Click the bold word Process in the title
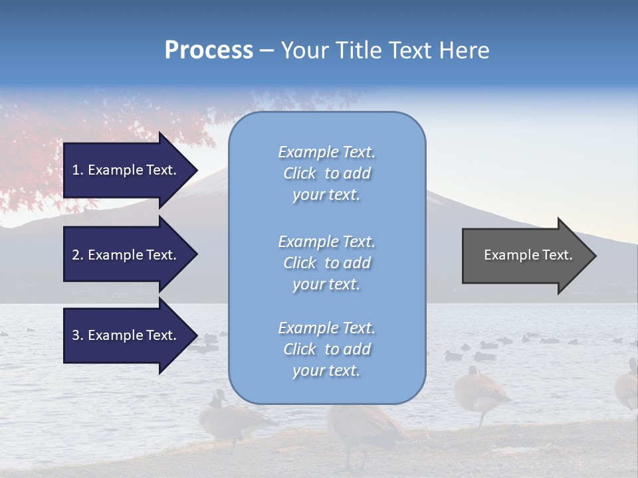tap(209, 50)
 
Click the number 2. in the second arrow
tap(78, 255)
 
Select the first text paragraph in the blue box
tap(326, 173)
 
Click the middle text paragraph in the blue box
tap(326, 263)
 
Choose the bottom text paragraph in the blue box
tap(326, 349)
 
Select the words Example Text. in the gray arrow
tap(528, 255)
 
